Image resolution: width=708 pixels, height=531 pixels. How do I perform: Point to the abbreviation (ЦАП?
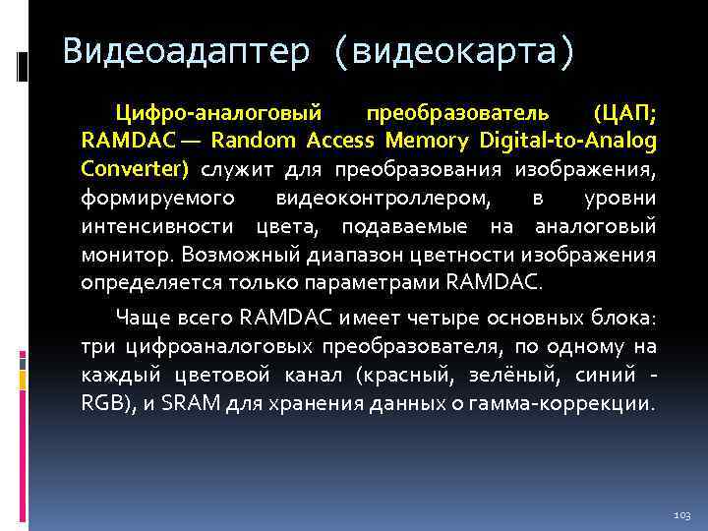point(625,114)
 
